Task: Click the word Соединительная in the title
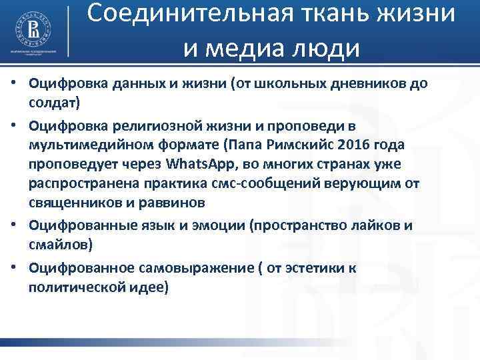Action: (x=187, y=15)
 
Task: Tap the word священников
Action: (x=74, y=201)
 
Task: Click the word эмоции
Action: (x=218, y=225)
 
